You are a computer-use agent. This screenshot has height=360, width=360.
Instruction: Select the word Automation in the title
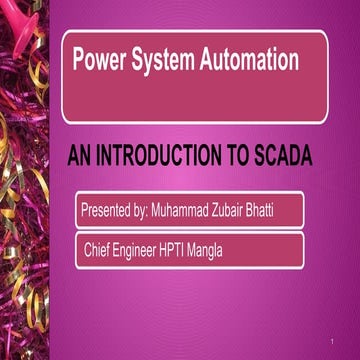click(x=250, y=61)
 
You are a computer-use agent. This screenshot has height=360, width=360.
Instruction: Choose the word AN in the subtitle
click(x=81, y=155)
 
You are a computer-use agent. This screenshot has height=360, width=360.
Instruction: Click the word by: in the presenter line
click(x=149, y=211)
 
